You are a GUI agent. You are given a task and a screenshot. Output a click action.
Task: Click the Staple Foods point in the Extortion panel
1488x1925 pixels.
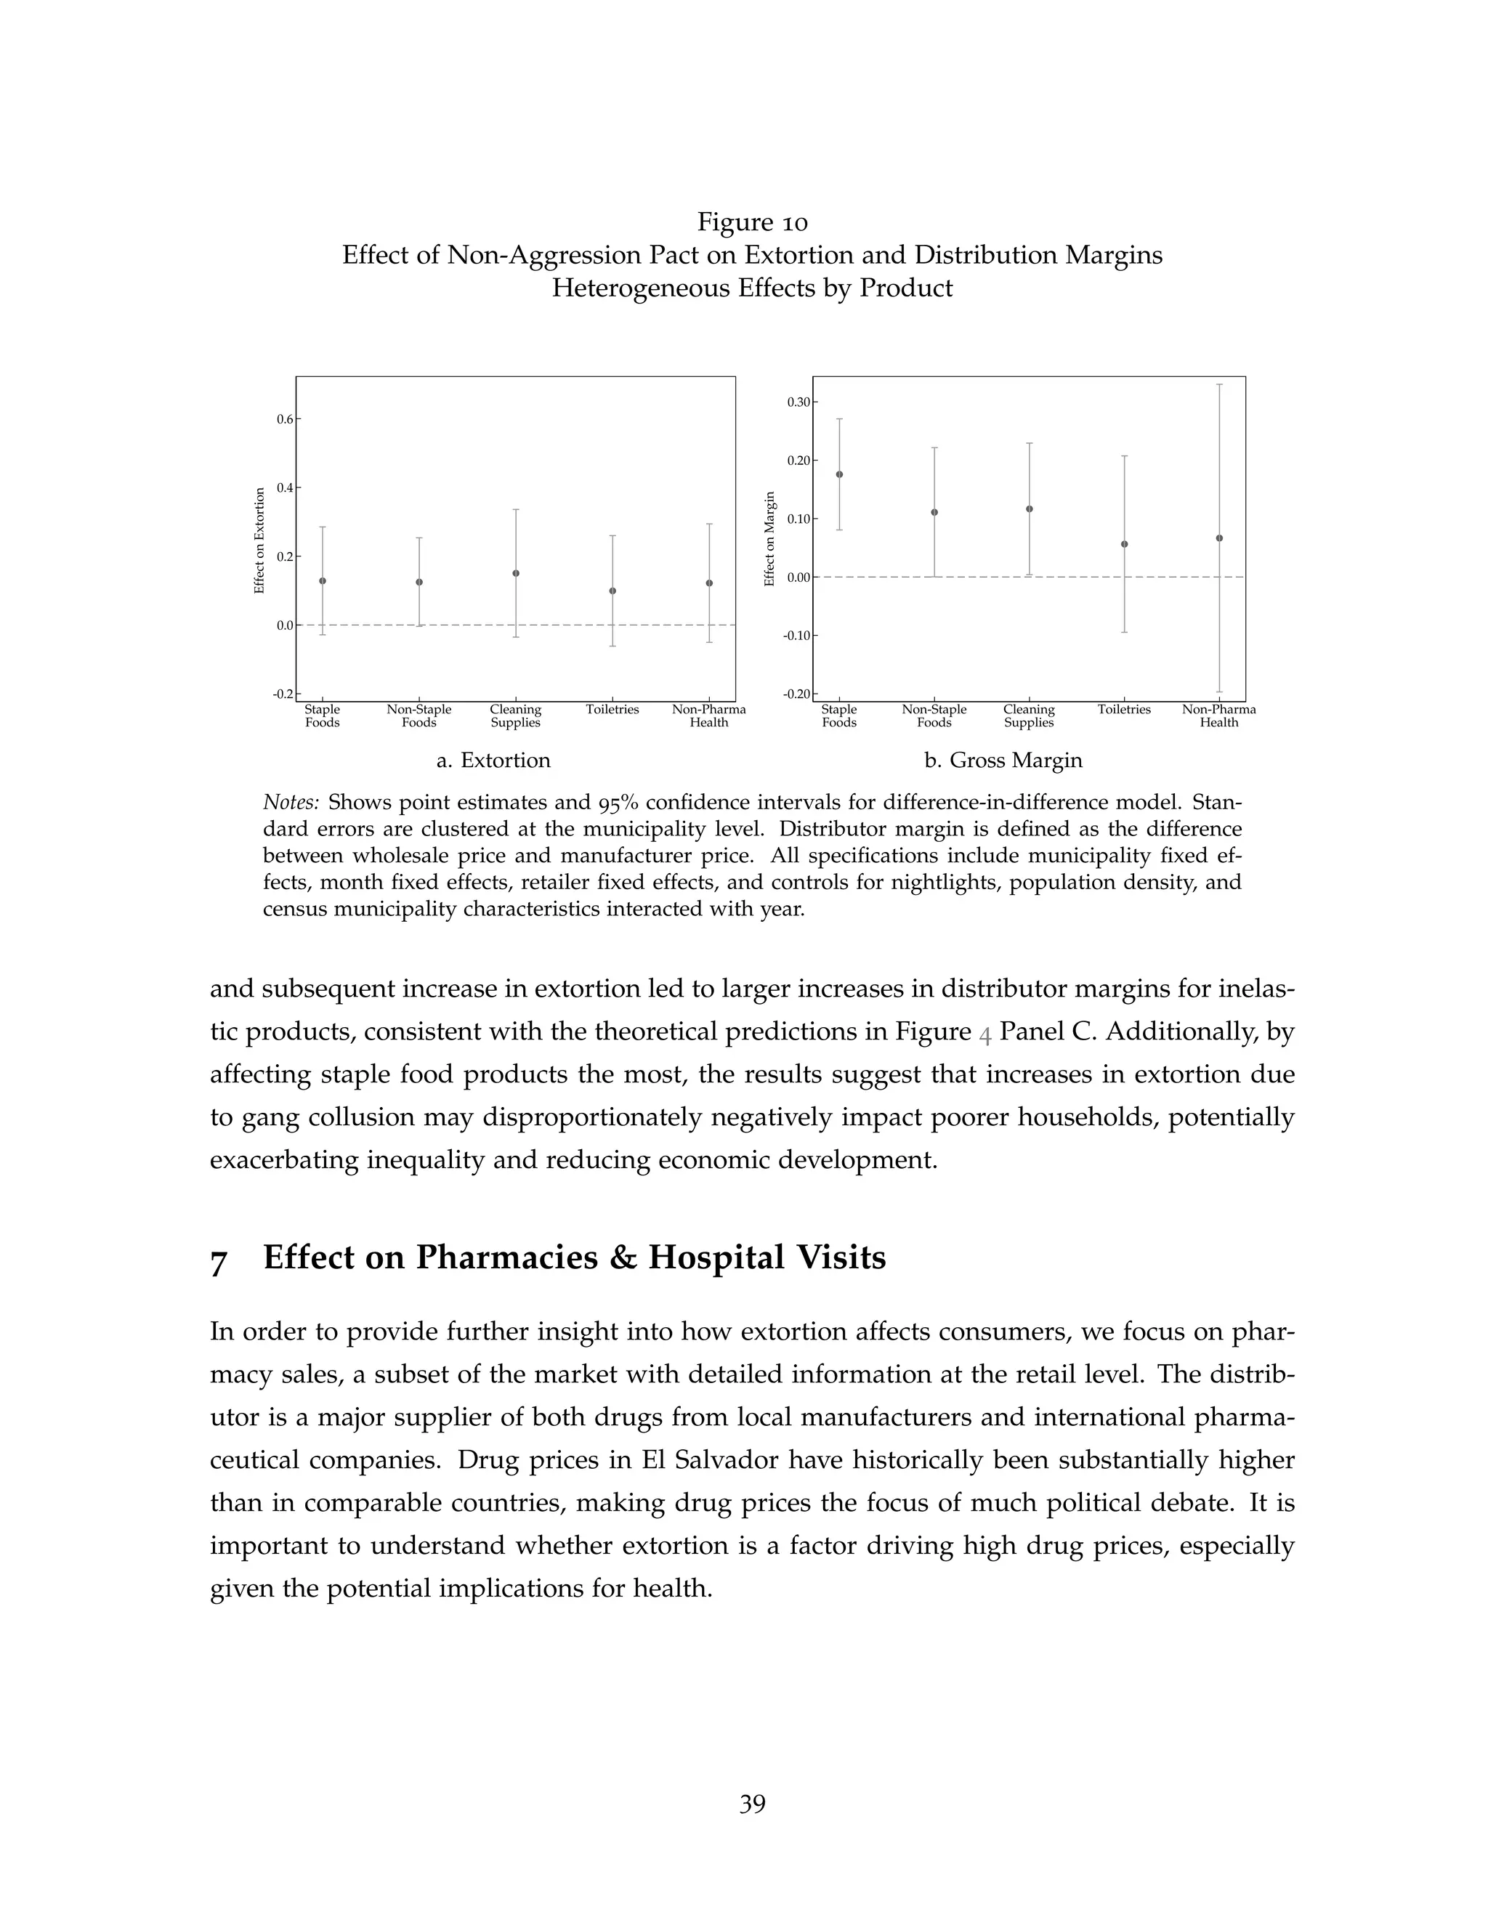click(x=323, y=581)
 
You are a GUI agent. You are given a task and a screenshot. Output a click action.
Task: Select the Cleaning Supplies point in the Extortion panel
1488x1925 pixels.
click(x=516, y=573)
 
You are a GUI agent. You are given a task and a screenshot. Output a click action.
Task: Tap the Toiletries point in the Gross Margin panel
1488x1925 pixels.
click(x=1124, y=544)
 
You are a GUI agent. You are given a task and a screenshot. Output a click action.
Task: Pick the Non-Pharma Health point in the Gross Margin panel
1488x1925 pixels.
click(x=1219, y=538)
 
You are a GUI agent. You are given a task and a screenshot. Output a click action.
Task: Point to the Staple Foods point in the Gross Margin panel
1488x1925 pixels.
click(x=839, y=474)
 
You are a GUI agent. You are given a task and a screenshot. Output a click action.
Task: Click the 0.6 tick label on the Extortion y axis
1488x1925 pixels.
click(x=285, y=420)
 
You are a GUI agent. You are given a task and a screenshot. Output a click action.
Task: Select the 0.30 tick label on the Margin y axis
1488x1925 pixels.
click(x=798, y=403)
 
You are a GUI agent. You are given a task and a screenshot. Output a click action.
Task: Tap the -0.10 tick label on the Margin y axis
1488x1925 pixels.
click(x=797, y=636)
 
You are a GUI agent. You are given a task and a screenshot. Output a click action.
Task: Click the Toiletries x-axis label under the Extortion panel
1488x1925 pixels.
click(x=612, y=710)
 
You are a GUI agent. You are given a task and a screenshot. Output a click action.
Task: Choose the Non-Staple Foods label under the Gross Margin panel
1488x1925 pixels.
click(x=934, y=716)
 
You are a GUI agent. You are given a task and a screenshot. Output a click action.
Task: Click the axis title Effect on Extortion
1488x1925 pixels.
click(x=259, y=540)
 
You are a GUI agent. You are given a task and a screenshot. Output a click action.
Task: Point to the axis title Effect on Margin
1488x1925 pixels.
click(x=769, y=538)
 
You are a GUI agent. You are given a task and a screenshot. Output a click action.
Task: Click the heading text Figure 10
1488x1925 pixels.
click(x=752, y=222)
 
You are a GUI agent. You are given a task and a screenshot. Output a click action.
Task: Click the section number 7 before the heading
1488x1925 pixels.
click(x=219, y=1261)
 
